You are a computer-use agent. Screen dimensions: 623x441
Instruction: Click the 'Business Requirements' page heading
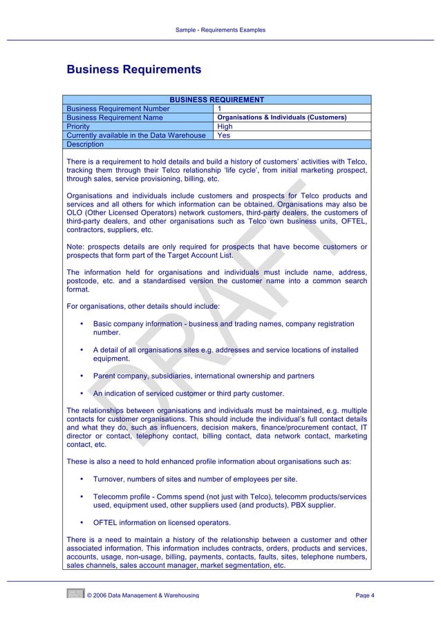(133, 70)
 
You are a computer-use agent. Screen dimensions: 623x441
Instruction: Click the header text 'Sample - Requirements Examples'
(220, 30)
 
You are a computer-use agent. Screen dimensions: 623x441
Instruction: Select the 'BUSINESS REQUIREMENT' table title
(217, 100)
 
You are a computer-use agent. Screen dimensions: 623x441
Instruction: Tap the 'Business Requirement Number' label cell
(118, 109)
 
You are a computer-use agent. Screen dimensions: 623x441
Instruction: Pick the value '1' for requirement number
(220, 109)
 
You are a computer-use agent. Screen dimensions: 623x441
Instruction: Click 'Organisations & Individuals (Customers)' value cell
(281, 118)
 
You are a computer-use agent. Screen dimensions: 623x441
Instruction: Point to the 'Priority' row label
(78, 127)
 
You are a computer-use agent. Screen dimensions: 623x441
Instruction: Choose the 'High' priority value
(225, 127)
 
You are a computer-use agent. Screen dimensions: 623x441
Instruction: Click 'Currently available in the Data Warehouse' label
(135, 136)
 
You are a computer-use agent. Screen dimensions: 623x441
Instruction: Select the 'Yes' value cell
(223, 136)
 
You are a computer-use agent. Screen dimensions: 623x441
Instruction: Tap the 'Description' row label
(85, 145)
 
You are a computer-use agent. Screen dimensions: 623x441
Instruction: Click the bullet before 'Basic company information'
(82, 323)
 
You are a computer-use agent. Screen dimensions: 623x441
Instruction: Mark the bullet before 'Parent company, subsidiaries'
(82, 376)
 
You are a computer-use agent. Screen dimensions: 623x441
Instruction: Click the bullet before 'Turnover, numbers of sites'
(82, 479)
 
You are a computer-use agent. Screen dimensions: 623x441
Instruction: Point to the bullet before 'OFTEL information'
(82, 522)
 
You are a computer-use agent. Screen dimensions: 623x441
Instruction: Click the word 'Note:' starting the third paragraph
(76, 247)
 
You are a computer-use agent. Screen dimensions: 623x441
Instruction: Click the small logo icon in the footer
(75, 593)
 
